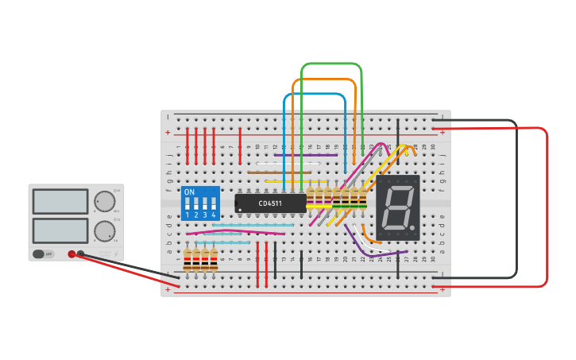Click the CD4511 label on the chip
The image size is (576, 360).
click(270, 203)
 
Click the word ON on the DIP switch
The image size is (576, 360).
click(189, 192)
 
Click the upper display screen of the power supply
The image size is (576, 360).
click(60, 201)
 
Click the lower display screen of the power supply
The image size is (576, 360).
click(60, 230)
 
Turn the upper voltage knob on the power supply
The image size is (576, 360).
click(104, 200)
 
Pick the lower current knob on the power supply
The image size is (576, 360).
click(104, 231)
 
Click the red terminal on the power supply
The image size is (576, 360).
click(72, 254)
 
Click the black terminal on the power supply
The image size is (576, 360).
click(80, 254)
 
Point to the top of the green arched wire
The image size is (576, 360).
click(331, 64)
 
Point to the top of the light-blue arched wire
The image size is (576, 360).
click(315, 94)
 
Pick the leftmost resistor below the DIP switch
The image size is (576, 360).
click(187, 259)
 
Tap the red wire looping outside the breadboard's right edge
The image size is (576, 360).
click(547, 207)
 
